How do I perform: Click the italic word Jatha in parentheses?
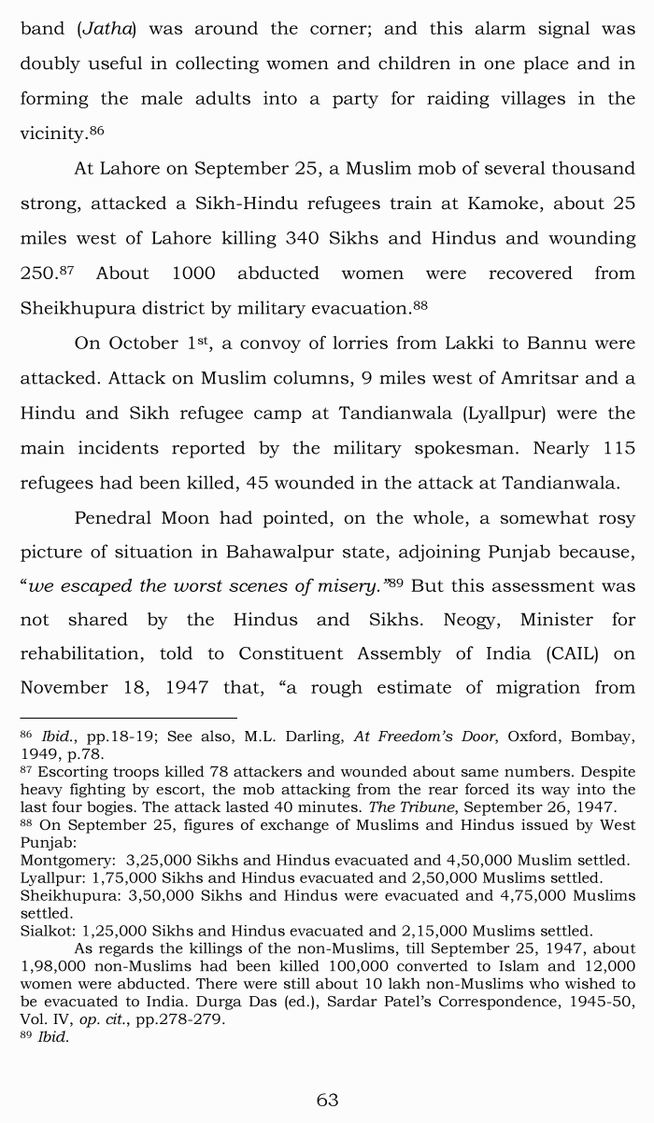tap(106, 29)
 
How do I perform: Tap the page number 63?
tap(327, 1100)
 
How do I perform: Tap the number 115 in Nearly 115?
tap(618, 448)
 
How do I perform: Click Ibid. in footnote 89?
tap(53, 1037)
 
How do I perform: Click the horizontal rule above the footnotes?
tap(129, 719)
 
